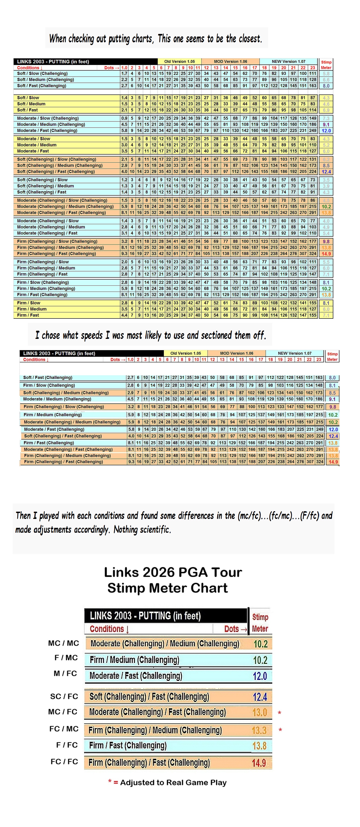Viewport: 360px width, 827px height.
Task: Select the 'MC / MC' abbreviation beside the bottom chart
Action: coord(63,643)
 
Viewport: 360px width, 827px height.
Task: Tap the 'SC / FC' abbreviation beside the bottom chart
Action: coord(64,696)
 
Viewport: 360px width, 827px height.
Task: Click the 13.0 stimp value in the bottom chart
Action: coord(260,712)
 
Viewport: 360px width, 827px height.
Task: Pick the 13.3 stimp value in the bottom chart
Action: coord(259,731)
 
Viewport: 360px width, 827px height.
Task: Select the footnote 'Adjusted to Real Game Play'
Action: coord(173,783)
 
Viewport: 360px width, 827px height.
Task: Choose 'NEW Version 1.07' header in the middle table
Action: coord(294,353)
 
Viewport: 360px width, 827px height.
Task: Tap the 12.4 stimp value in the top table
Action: coord(326,172)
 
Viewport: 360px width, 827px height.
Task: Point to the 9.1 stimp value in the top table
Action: coord(326,125)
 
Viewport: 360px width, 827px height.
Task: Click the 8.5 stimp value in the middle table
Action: coord(332,393)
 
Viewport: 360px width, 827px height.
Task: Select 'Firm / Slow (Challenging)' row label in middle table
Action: coord(49,385)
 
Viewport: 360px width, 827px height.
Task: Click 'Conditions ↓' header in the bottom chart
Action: coord(109,629)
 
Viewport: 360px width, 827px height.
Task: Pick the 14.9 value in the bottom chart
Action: coord(259,763)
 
